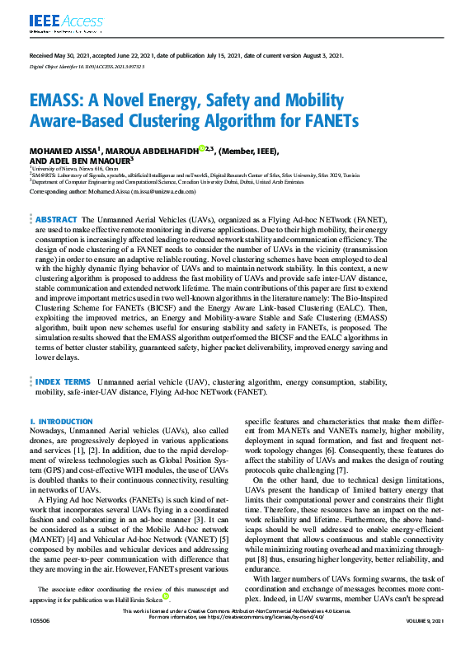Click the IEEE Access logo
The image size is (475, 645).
[57, 21]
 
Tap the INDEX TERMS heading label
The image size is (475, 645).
[63, 382]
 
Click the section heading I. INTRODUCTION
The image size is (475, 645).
[61, 420]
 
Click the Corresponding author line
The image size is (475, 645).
[112, 191]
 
